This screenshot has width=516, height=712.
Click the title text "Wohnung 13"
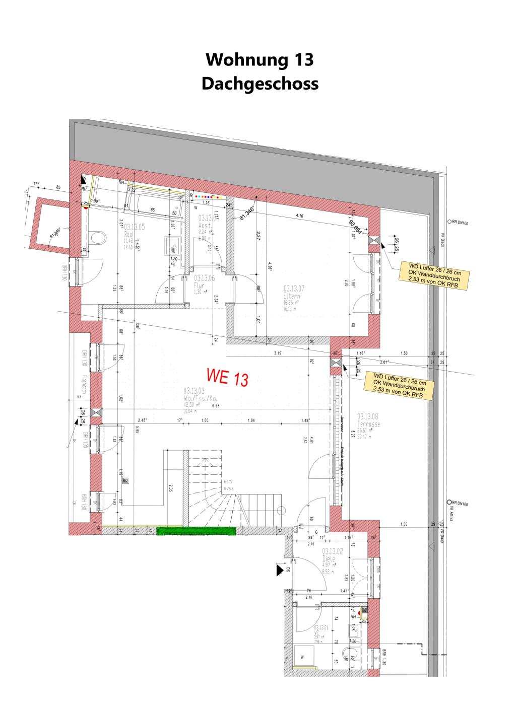(x=260, y=59)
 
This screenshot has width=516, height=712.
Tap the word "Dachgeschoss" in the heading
(x=260, y=83)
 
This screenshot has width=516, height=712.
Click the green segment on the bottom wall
(x=197, y=531)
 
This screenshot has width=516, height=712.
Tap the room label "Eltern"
(x=292, y=297)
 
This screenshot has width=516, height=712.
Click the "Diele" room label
(x=333, y=558)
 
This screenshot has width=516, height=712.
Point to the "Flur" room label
(x=200, y=285)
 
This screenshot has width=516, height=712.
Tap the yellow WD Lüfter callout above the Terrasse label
(x=399, y=386)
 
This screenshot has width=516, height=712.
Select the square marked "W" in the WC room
(x=303, y=657)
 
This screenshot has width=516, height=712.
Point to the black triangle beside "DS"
(x=278, y=569)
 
